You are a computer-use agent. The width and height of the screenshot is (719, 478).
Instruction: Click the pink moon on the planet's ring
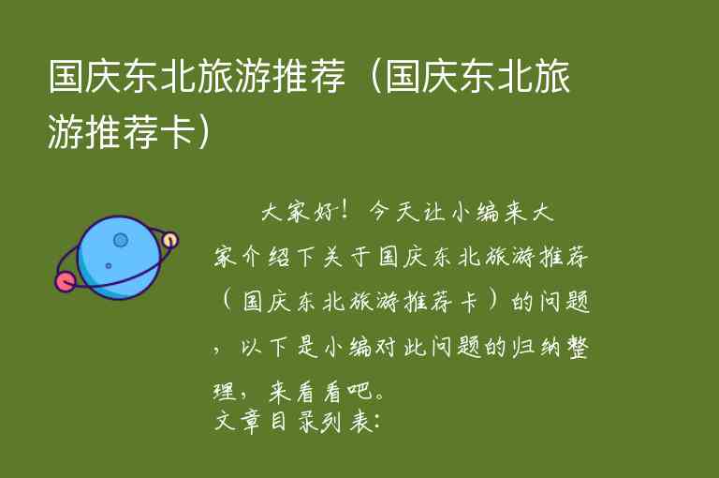pyautogui.click(x=66, y=279)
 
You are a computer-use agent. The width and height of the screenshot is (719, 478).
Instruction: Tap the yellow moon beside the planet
pyautogui.click(x=169, y=240)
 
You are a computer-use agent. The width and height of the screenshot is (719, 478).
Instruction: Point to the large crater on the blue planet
pyautogui.click(x=120, y=240)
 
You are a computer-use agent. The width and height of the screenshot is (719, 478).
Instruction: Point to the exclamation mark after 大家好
pyautogui.click(x=348, y=212)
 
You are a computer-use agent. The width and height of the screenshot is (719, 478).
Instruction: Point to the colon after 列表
pyautogui.click(x=375, y=420)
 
